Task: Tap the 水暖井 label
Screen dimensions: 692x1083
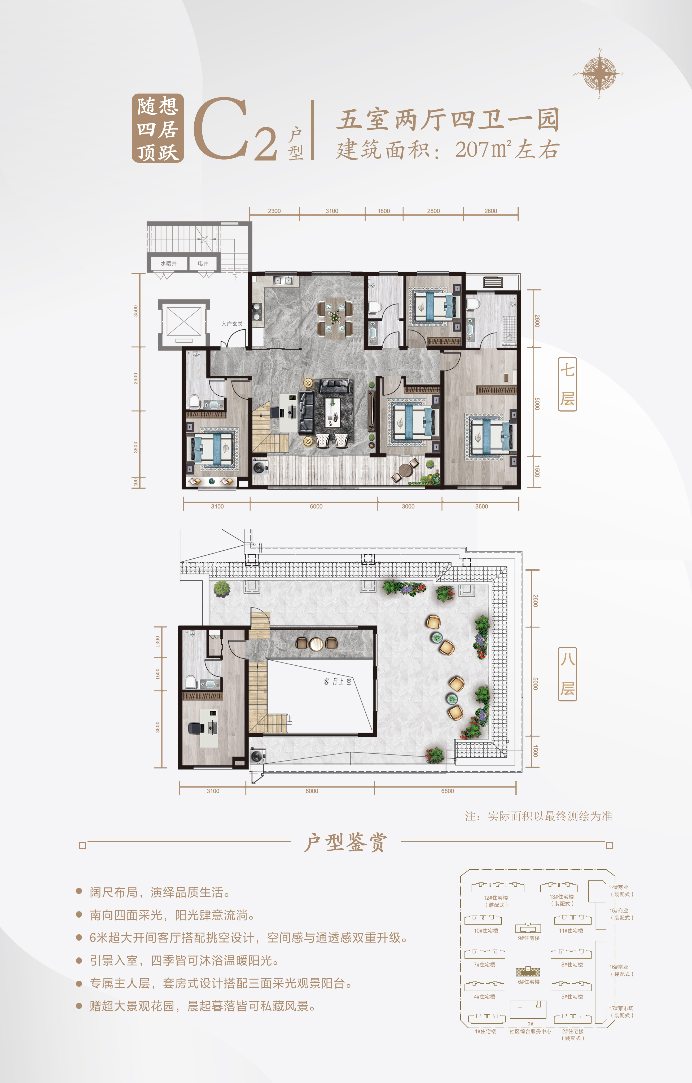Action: [x=169, y=264]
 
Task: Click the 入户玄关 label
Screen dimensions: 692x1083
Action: [x=232, y=324]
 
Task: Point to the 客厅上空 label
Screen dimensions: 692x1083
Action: [x=338, y=681]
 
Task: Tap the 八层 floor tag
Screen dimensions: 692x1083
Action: [x=567, y=674]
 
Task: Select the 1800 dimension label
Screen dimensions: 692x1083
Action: [x=384, y=211]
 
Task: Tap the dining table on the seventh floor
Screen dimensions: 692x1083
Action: [x=335, y=317]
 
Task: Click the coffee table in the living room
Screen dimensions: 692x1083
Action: [x=333, y=412]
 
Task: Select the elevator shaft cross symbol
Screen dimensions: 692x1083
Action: [x=183, y=321]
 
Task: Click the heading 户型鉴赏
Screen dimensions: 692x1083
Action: [x=345, y=842]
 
